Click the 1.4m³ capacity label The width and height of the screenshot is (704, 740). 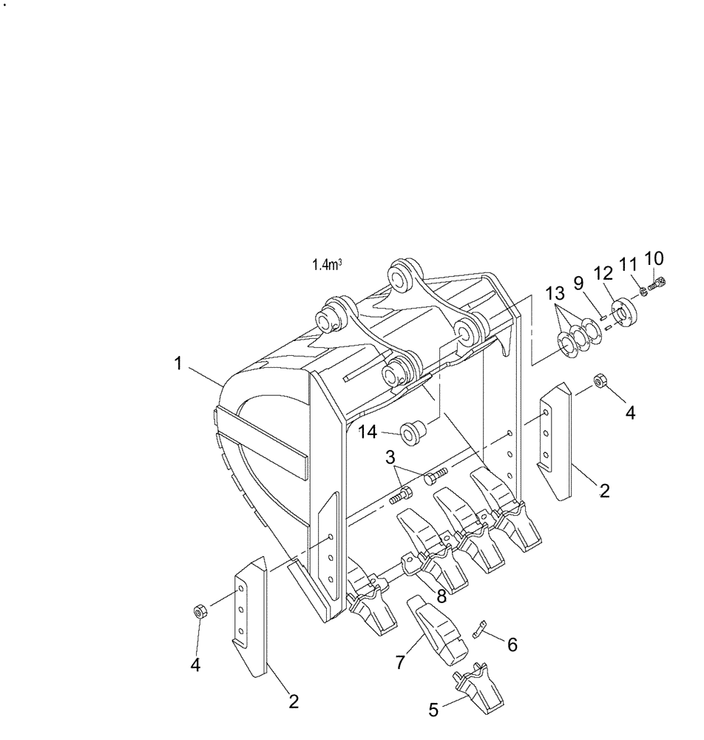(327, 264)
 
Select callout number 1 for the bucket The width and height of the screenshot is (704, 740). (177, 363)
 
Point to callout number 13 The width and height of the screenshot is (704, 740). (556, 294)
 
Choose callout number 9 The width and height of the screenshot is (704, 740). (578, 283)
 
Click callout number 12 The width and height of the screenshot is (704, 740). (604, 273)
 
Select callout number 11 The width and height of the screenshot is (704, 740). (628, 263)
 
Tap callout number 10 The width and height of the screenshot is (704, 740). (654, 258)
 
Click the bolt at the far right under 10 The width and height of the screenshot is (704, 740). (657, 283)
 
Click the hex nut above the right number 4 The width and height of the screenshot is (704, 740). (601, 381)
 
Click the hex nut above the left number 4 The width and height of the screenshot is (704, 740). (198, 611)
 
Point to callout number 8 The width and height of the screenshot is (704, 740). (441, 596)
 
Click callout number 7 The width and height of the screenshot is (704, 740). (400, 662)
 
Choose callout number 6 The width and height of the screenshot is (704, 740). (511, 645)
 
